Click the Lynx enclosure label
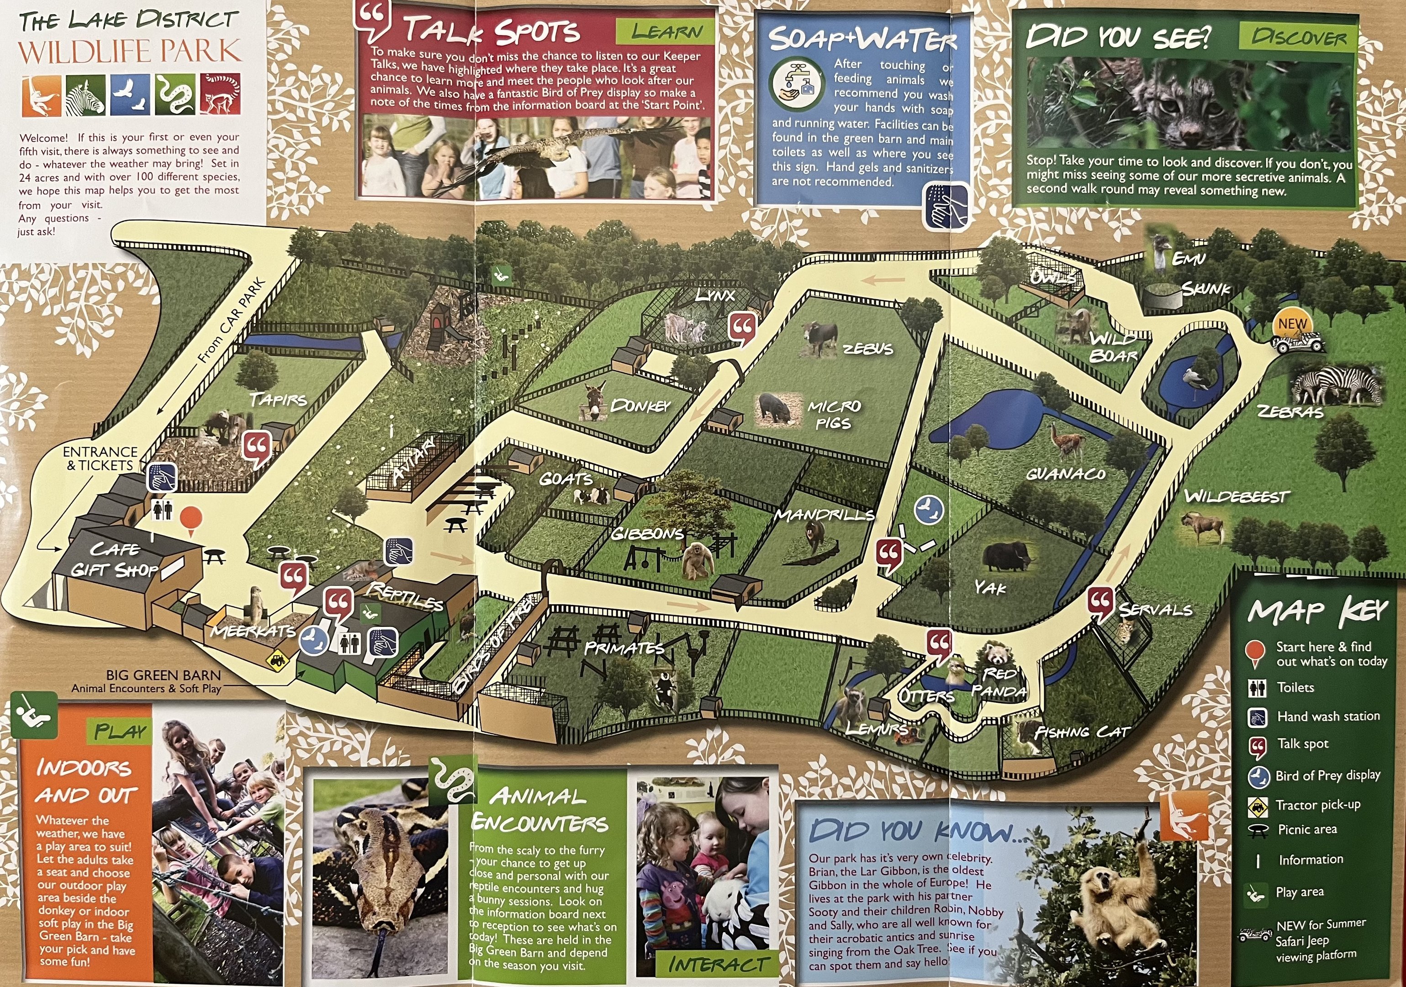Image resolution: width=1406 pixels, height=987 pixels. click(x=714, y=295)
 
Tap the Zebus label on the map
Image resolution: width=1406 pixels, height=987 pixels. click(x=868, y=349)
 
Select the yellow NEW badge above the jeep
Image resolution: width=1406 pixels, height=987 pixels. click(x=1292, y=324)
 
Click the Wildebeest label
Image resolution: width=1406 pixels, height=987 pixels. click(x=1237, y=496)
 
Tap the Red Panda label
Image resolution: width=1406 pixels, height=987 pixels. click(x=999, y=682)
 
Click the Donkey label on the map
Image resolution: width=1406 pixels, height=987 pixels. click(x=640, y=406)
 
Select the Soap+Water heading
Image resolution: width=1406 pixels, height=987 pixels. click(x=862, y=39)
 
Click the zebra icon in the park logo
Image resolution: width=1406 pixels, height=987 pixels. click(x=86, y=96)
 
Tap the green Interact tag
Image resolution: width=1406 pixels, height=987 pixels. click(x=716, y=965)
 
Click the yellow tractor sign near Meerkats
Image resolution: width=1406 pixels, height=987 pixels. click(x=277, y=660)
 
